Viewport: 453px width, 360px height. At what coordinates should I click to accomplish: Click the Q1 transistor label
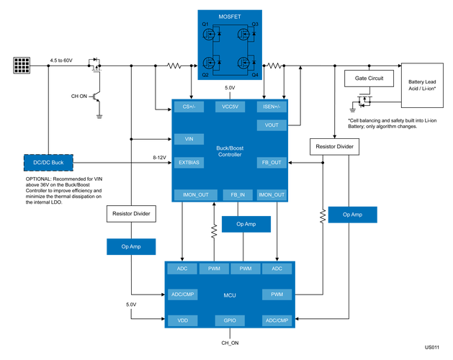205,24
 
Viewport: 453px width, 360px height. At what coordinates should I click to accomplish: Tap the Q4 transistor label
254,74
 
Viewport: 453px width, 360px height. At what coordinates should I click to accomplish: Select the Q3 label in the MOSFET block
254,24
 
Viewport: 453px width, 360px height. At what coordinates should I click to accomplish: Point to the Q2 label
205,74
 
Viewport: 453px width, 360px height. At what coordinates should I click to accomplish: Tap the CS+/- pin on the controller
189,107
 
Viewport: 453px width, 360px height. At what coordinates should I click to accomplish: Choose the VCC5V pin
230,107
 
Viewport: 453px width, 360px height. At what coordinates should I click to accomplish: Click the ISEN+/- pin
272,107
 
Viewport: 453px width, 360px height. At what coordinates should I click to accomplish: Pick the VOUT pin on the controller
272,125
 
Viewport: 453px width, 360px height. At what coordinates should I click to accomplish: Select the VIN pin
189,139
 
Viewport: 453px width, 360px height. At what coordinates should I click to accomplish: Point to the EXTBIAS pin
189,163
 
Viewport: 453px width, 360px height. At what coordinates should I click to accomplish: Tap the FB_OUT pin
272,163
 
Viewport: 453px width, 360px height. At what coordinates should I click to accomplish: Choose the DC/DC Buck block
48,163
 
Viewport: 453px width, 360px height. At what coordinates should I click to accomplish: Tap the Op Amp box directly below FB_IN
246,225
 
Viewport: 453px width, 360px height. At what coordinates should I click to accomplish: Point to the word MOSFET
230,15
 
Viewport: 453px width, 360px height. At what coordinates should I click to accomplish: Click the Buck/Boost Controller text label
230,151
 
